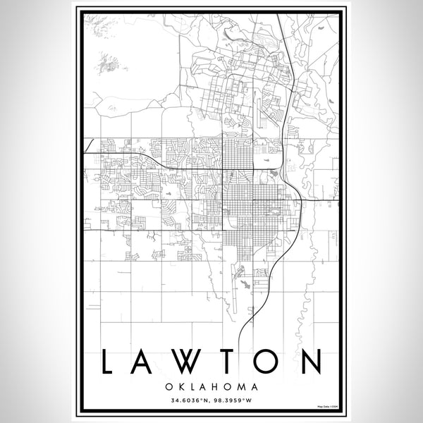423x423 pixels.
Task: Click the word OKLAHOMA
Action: (x=211, y=387)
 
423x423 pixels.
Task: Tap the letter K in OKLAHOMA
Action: (x=180, y=387)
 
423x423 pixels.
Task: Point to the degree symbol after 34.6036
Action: (x=202, y=400)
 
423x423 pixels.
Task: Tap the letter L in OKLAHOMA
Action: (x=191, y=387)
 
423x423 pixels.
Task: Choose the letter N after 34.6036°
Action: (x=207, y=401)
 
